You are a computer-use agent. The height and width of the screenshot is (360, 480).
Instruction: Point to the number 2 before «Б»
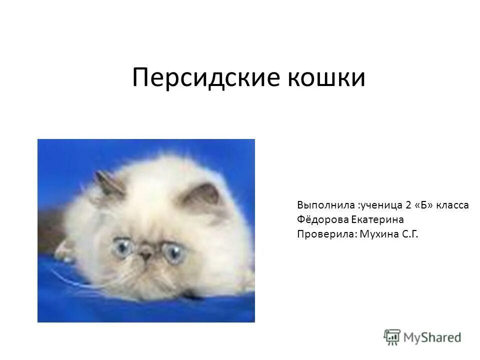coord(408,205)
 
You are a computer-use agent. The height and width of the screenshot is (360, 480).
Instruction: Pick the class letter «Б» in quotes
coord(424,205)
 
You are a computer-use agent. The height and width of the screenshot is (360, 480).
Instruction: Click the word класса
coord(453,205)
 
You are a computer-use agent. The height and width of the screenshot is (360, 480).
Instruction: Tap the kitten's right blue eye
coord(174,253)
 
